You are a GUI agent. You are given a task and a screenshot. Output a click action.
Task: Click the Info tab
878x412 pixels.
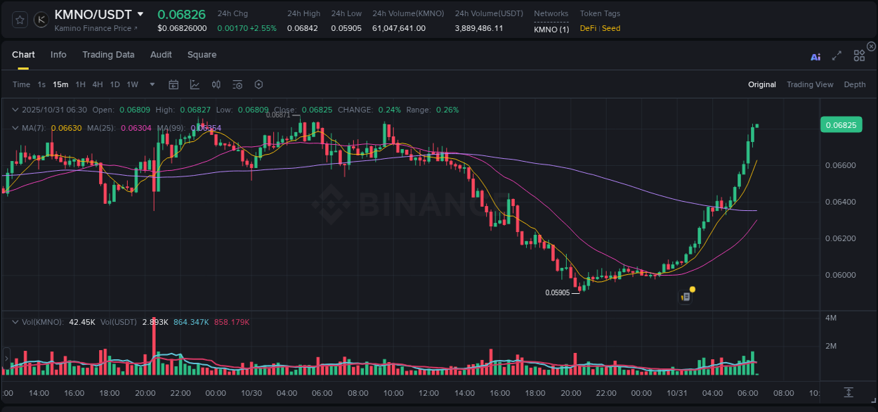point(58,55)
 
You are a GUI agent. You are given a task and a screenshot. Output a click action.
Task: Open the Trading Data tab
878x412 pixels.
point(108,55)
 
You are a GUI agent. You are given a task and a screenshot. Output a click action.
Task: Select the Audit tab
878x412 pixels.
point(161,55)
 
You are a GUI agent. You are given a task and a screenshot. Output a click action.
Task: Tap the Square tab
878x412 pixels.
point(202,55)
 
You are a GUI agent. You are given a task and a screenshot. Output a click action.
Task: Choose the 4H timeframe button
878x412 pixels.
point(97,84)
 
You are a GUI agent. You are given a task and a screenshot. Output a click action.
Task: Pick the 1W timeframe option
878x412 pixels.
point(132,84)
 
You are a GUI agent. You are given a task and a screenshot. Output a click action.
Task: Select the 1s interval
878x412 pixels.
point(41,84)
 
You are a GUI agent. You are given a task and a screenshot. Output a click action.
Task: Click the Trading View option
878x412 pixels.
point(810,84)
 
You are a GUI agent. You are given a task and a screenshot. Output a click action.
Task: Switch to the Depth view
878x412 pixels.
point(855,84)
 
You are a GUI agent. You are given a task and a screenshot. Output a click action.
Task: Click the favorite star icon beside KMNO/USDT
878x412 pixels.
point(20,20)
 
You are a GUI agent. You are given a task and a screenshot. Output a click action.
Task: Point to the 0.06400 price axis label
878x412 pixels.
point(840,202)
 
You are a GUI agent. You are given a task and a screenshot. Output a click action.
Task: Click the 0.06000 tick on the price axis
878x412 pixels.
point(840,275)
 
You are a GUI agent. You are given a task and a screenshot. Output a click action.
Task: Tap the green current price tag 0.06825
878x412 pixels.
point(840,125)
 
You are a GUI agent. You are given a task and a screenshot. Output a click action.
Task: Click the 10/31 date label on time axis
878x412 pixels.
point(677,393)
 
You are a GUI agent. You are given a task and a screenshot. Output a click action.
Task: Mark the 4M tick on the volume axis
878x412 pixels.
point(831,318)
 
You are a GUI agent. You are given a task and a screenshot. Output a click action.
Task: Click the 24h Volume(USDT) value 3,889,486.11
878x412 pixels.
point(478,28)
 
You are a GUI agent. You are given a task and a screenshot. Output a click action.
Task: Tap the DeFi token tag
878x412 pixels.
point(588,28)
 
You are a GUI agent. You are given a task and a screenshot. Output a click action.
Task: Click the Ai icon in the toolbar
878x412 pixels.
point(815,56)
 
